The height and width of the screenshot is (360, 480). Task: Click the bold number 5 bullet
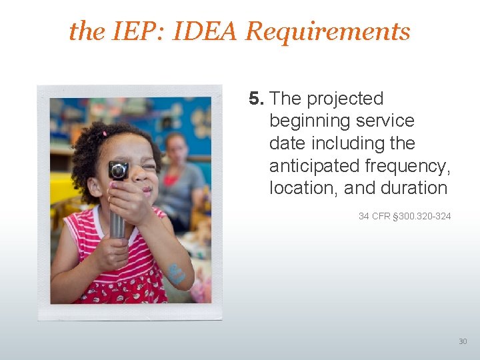click(x=256, y=99)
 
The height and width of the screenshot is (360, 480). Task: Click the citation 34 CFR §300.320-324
click(x=405, y=216)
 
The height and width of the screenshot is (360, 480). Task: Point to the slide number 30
click(x=463, y=341)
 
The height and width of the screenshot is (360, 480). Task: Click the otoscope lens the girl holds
click(x=119, y=171)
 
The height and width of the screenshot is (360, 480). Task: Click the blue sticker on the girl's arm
click(x=176, y=273)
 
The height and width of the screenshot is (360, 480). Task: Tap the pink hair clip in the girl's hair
click(x=104, y=133)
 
